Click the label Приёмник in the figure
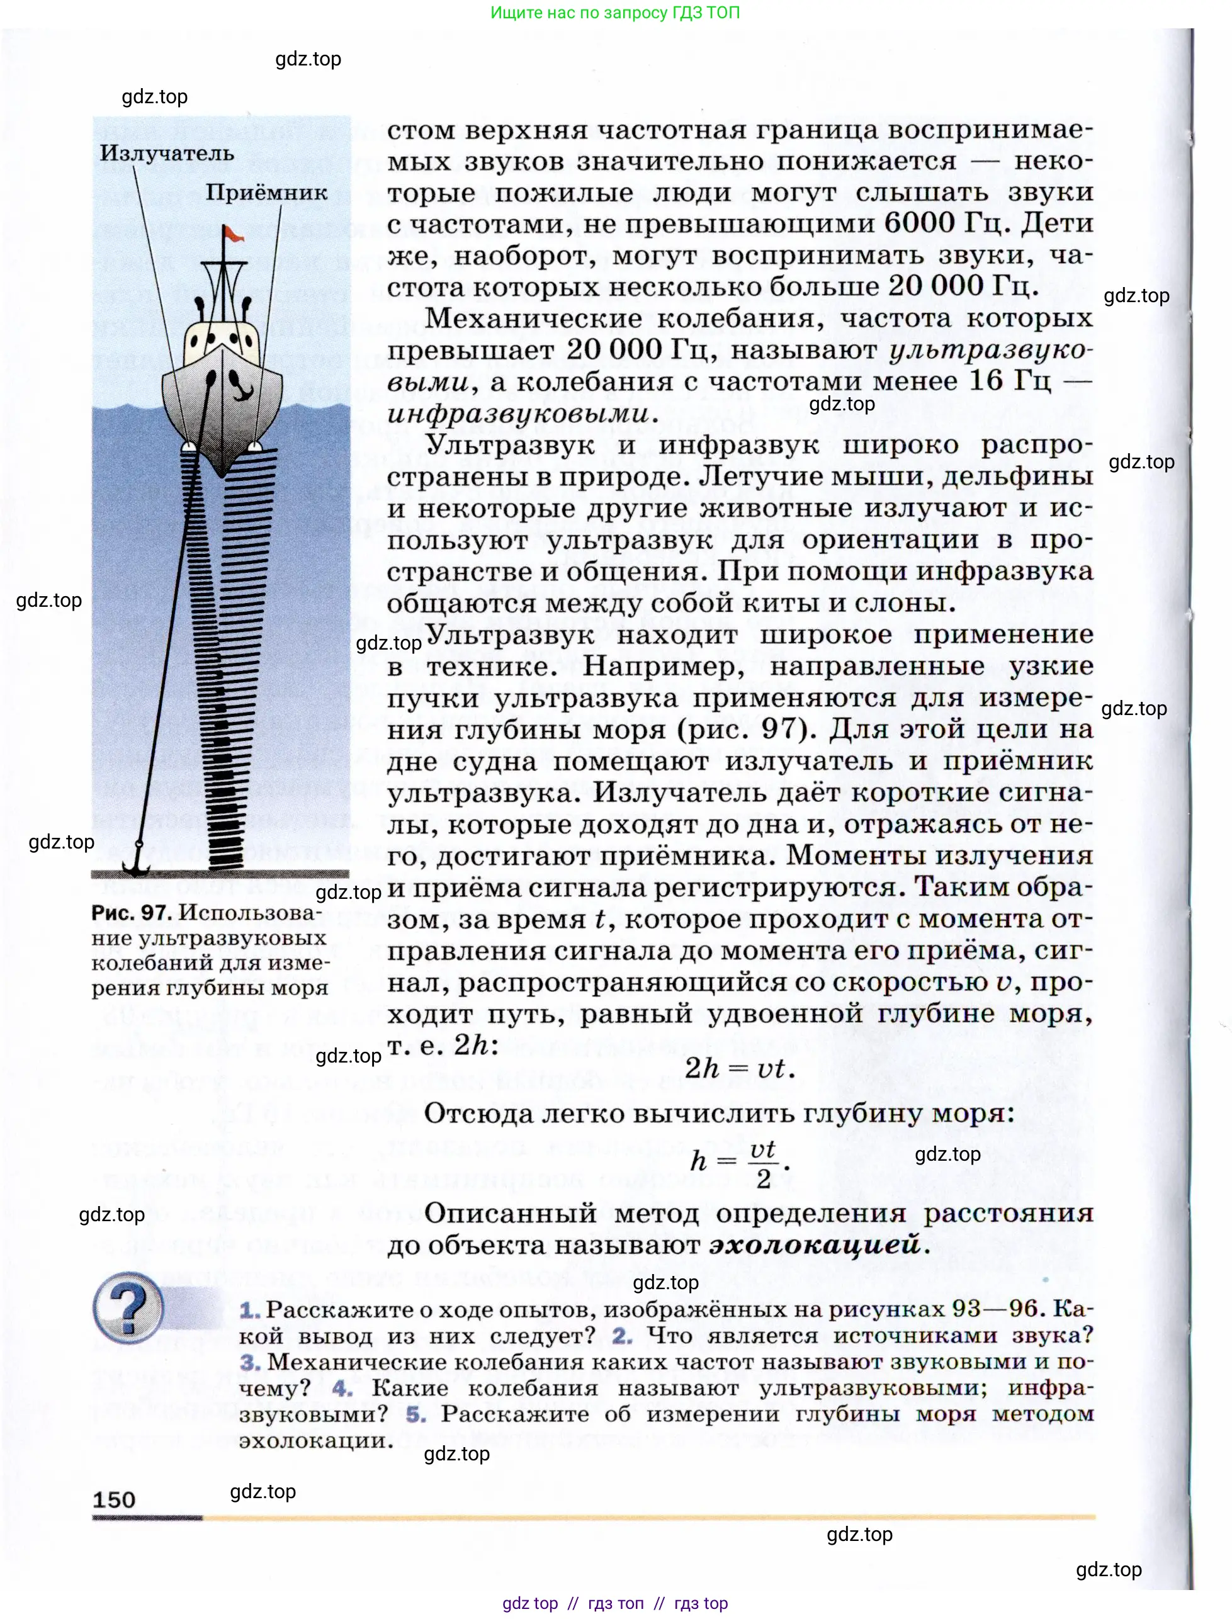(x=266, y=192)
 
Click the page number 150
(x=114, y=1499)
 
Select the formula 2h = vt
(x=738, y=1068)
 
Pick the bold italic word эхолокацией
(x=814, y=1244)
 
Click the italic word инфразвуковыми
(x=517, y=414)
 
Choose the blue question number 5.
(x=415, y=1414)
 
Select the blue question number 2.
(x=622, y=1336)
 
